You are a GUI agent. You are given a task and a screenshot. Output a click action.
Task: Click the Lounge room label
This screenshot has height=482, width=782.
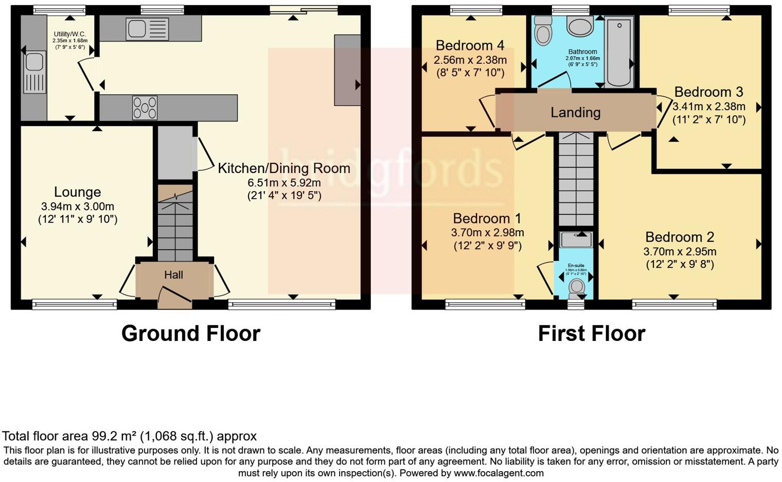[77, 192]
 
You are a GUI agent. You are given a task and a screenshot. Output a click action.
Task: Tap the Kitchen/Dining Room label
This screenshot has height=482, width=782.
[284, 168]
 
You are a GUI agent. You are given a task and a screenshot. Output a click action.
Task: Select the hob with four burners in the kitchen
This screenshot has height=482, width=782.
[145, 108]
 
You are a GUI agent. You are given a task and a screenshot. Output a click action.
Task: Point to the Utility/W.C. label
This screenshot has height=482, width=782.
[69, 34]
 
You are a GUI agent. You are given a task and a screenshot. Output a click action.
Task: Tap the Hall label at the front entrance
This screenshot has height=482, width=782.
[173, 275]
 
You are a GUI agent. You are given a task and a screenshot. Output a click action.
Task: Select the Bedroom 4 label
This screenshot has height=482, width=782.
[470, 46]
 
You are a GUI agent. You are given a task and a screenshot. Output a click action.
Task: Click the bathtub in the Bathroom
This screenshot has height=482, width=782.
[619, 51]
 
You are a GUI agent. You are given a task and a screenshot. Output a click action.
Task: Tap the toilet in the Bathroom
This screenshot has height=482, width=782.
[542, 32]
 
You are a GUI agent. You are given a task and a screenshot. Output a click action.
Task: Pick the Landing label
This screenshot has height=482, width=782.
[575, 112]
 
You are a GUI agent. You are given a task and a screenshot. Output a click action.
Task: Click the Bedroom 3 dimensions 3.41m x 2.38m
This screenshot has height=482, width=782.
[708, 107]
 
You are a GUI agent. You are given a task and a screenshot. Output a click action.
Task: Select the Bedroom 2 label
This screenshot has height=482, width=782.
[680, 237]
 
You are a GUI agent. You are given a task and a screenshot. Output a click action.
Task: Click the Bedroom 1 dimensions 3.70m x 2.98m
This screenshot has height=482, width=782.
[487, 232]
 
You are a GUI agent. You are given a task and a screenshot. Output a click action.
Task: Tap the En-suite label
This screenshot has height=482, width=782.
[576, 266]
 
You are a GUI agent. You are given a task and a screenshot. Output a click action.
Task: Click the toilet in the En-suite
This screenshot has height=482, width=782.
[576, 286]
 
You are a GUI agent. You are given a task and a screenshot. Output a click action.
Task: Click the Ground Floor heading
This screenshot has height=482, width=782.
[190, 333]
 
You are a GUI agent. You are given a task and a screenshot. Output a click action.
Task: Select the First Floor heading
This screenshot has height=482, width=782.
[591, 333]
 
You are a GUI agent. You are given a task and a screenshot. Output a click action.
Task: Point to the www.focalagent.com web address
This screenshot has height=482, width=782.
[498, 473]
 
